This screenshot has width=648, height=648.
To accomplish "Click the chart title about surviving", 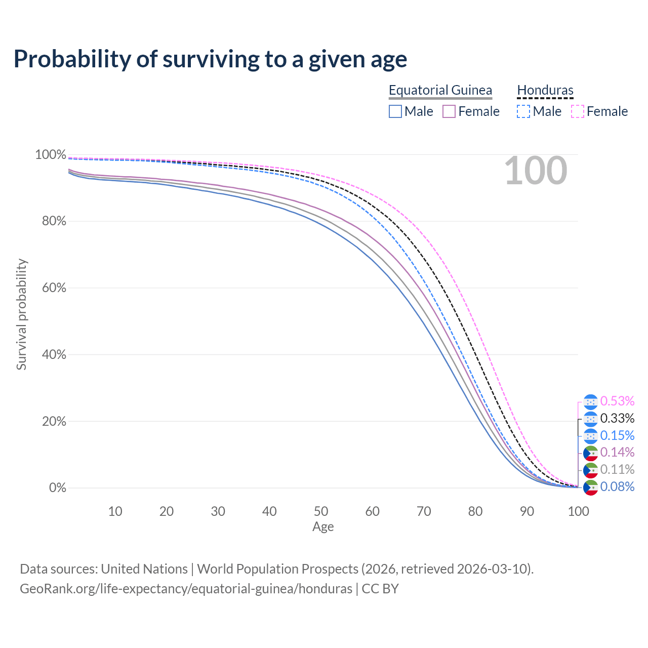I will (x=210, y=59).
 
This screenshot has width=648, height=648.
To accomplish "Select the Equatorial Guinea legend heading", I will (x=440, y=90).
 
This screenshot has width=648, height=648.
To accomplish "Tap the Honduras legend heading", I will (x=545, y=90).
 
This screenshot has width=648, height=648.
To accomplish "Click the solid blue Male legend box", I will (x=395, y=111).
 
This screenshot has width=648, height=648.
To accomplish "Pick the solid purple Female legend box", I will (x=449, y=111).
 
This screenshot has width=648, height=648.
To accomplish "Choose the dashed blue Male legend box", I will (x=523, y=111).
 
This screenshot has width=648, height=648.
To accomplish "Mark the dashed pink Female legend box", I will (x=578, y=111).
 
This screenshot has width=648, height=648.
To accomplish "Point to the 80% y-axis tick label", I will (x=51, y=221).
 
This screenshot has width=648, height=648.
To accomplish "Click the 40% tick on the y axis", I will (x=51, y=354).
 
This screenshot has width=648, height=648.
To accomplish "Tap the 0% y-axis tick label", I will (x=57, y=488).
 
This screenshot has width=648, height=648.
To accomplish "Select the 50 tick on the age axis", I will (x=321, y=511).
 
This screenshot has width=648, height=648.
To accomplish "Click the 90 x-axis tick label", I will (x=527, y=511).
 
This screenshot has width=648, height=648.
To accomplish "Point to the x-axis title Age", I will (x=323, y=527).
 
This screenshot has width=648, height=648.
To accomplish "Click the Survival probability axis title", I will (x=21, y=314).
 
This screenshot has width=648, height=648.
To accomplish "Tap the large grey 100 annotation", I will (x=536, y=171).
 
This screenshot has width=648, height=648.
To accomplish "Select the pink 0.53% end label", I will (x=617, y=401).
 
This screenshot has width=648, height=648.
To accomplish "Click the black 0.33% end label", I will (x=617, y=418).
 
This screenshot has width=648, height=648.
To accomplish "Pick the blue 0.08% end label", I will (x=617, y=487).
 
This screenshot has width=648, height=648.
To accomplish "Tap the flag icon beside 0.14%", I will (x=590, y=453).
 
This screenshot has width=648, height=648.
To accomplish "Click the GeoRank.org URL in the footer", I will (x=186, y=589).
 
